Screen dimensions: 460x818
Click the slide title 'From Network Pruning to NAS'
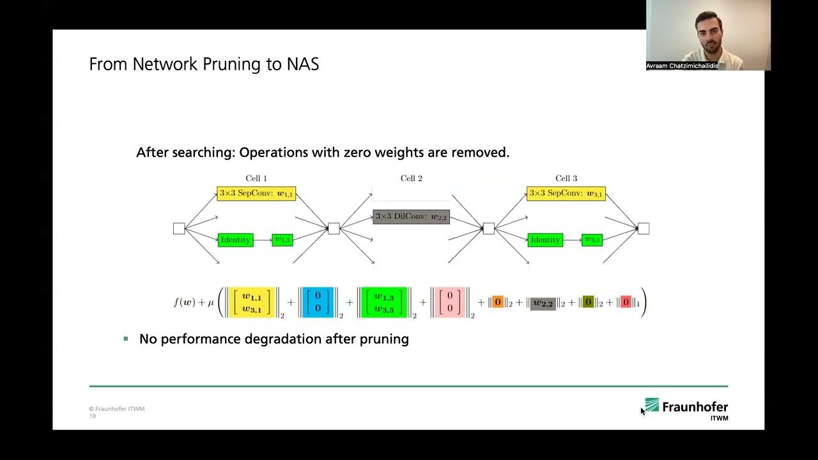204,65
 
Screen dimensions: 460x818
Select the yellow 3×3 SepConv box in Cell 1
256,194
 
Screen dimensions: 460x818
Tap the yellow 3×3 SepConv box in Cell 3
566,194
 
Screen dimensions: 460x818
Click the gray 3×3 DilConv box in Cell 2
411,217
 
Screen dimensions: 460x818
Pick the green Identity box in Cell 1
235,240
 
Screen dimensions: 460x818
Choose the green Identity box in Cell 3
545,240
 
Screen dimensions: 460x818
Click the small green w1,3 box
282,240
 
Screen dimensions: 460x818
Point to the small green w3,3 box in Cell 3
592,240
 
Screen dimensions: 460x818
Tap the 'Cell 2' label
411,179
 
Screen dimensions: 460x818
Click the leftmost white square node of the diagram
179,229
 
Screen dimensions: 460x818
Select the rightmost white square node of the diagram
644,229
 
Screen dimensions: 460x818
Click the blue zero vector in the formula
318,302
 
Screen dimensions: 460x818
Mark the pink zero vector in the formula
450,302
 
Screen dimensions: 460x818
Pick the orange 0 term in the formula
498,302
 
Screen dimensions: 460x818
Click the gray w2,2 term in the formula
543,303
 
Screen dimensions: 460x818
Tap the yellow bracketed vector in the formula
251,302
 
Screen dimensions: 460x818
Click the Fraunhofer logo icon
651,405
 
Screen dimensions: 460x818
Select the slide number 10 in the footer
92,417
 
